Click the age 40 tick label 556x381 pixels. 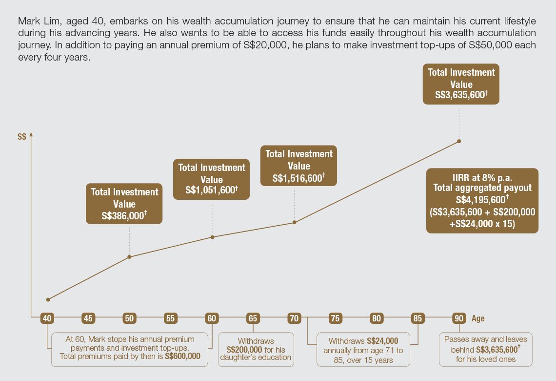47,318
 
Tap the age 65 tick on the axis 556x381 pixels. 253,318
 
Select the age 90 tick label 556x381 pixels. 458,318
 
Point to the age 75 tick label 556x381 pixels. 335,318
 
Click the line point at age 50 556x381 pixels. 129,256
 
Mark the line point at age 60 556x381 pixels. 212,237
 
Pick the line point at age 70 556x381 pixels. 294,222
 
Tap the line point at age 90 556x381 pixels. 459,141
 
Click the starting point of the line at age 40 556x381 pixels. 48,299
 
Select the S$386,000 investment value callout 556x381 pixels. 124,204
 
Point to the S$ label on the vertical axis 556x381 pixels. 22,137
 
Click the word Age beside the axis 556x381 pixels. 478,318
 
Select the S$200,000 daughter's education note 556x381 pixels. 256,349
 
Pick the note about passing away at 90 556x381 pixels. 485,349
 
